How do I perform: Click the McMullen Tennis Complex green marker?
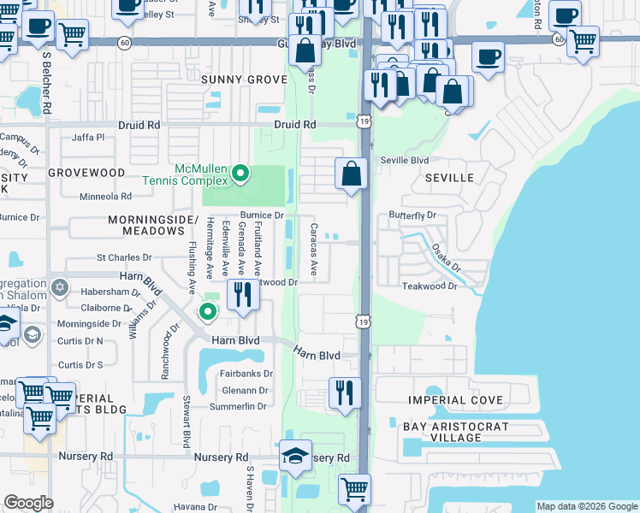pyautogui.click(x=240, y=174)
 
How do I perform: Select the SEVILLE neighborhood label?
pyautogui.click(x=449, y=178)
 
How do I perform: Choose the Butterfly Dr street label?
pyautogui.click(x=412, y=215)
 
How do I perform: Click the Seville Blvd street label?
pyautogui.click(x=404, y=160)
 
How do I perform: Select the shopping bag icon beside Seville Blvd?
pyautogui.click(x=352, y=174)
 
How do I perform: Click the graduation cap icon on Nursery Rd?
pyautogui.click(x=295, y=455)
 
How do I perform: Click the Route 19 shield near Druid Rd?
pyautogui.click(x=364, y=123)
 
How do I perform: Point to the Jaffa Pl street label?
pyautogui.click(x=88, y=137)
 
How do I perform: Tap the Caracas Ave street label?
pyautogui.click(x=314, y=251)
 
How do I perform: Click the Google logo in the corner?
pyautogui.click(x=28, y=503)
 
